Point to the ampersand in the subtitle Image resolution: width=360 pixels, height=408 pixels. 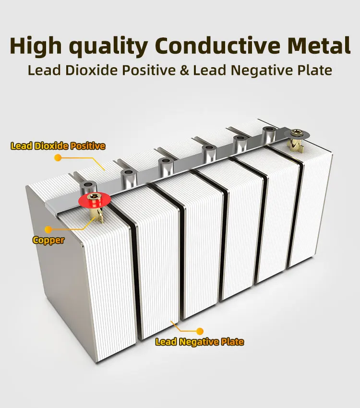(x=185, y=70)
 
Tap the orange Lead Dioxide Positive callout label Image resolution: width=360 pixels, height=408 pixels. (x=58, y=146)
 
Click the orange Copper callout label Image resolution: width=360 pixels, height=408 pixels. (x=48, y=240)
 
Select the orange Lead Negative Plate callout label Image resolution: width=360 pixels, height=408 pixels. (x=199, y=342)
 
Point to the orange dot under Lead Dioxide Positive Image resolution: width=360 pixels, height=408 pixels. (x=58, y=157)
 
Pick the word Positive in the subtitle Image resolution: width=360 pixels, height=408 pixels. (x=146, y=70)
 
